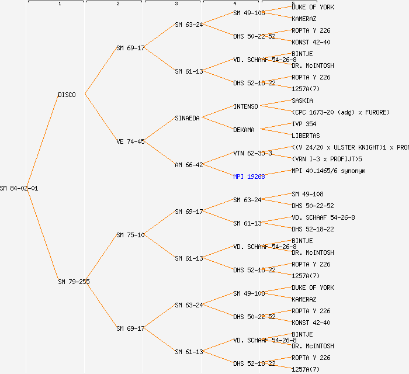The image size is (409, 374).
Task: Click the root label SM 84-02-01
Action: pyautogui.click(x=19, y=188)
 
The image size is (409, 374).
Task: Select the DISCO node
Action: pyautogui.click(x=67, y=95)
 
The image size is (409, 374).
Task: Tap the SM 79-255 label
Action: pyautogui.click(x=74, y=282)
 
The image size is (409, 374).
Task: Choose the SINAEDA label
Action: pyautogui.click(x=187, y=118)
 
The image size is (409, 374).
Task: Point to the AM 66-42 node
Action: pyautogui.click(x=189, y=165)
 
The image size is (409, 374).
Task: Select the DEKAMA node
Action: pyautogui.click(x=244, y=130)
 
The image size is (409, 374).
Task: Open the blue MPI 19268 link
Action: pyautogui.click(x=249, y=176)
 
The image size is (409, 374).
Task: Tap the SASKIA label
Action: pyautogui.click(x=302, y=101)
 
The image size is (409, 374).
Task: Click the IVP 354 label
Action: pyautogui.click(x=304, y=124)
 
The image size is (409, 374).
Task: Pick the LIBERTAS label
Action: pyautogui.click(x=306, y=136)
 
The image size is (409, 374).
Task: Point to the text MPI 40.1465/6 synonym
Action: pyautogui.click(x=328, y=171)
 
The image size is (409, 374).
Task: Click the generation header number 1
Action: pyautogui.click(x=59, y=4)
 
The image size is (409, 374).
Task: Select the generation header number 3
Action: pyautogui.click(x=176, y=4)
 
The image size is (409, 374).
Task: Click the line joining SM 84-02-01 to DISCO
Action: pyautogui.click(x=48, y=141)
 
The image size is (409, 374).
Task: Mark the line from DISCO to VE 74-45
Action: pyautogui.click(x=100, y=117)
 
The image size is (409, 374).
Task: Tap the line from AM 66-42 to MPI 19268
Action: pyautogui.click(x=217, y=170)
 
